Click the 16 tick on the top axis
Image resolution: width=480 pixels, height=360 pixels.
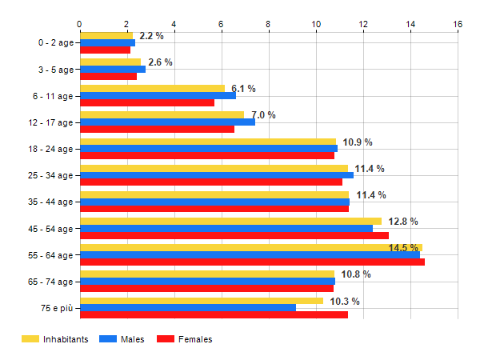pyautogui.click(x=458, y=24)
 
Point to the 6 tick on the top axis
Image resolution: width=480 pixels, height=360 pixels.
pyautogui.click(x=222, y=24)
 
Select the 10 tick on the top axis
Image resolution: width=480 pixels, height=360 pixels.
pyautogui.click(x=316, y=24)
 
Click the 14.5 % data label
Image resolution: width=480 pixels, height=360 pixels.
pyautogui.click(x=403, y=248)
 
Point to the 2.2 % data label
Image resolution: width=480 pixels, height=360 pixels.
pyautogui.click(x=151, y=36)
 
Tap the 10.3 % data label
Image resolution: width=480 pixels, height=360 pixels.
pyautogui.click(x=345, y=302)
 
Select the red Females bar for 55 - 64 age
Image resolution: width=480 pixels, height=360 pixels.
pyautogui.click(x=252, y=262)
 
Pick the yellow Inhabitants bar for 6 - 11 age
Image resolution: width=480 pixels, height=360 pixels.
pyautogui.click(x=152, y=88)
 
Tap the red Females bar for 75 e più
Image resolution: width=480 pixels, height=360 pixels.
pyautogui.click(x=214, y=315)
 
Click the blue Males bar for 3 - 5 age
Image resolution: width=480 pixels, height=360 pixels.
pyautogui.click(x=112, y=69)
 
